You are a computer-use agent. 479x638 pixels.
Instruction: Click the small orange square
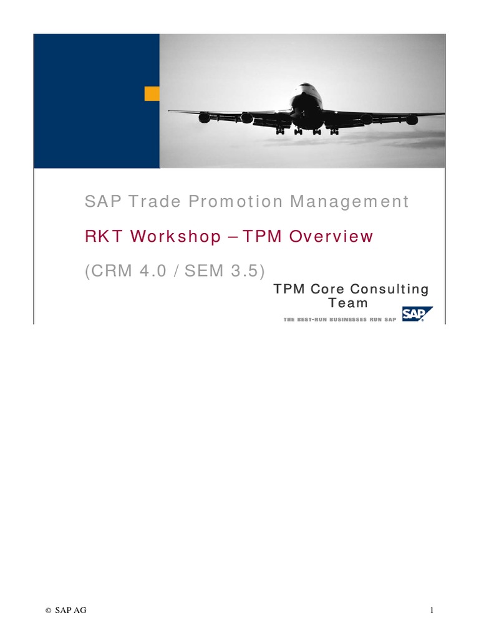tap(152, 93)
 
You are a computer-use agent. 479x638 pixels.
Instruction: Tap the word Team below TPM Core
tap(348, 303)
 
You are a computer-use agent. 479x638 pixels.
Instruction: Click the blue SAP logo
tap(417, 314)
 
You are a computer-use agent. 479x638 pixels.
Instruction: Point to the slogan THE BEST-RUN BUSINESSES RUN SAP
tap(339, 319)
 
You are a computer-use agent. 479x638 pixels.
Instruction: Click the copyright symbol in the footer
tap(47, 611)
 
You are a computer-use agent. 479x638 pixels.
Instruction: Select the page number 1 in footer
tap(431, 611)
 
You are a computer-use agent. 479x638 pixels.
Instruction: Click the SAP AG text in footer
tap(70, 611)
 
